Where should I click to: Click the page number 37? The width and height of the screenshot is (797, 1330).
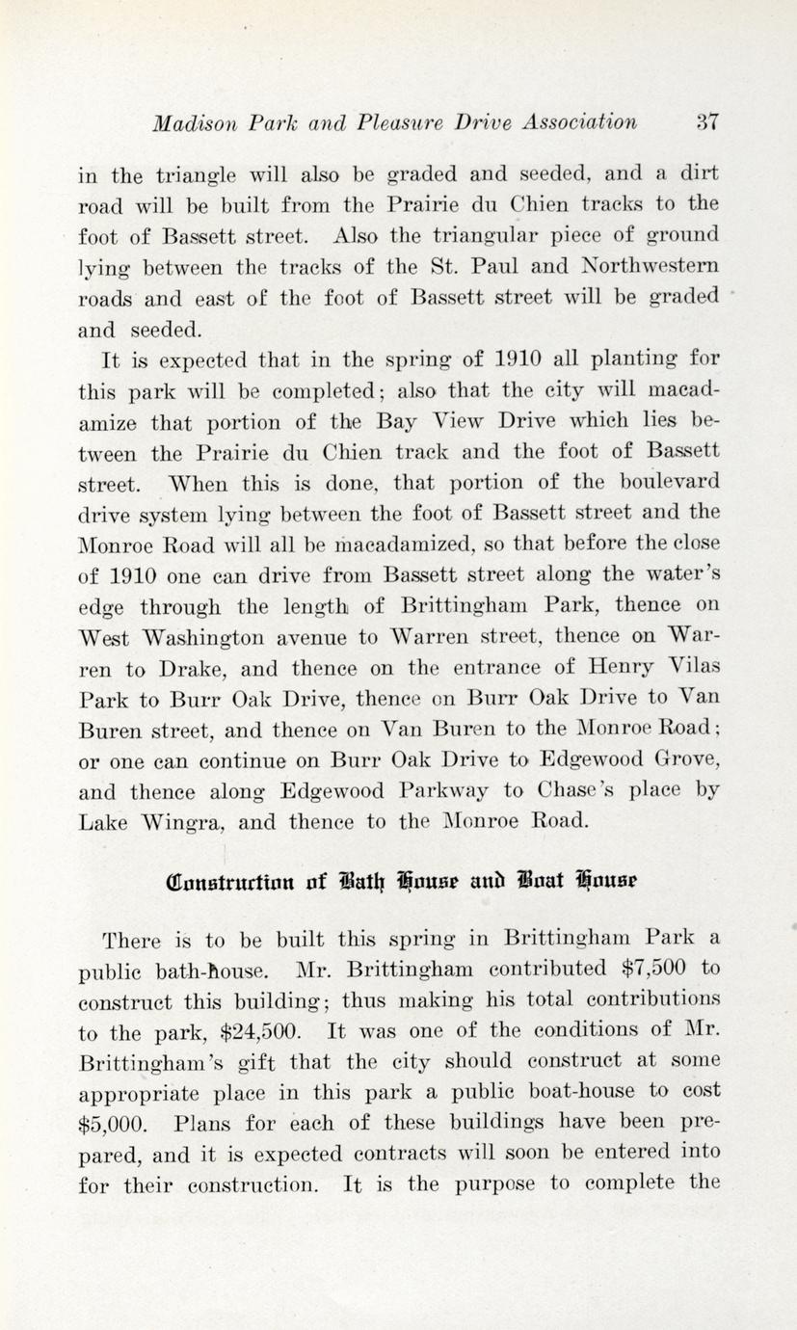click(x=706, y=122)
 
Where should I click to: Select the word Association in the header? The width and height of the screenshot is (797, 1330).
click(x=578, y=122)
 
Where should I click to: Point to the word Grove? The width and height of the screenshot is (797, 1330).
click(x=685, y=760)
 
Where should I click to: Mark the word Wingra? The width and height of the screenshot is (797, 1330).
click(x=192, y=822)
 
